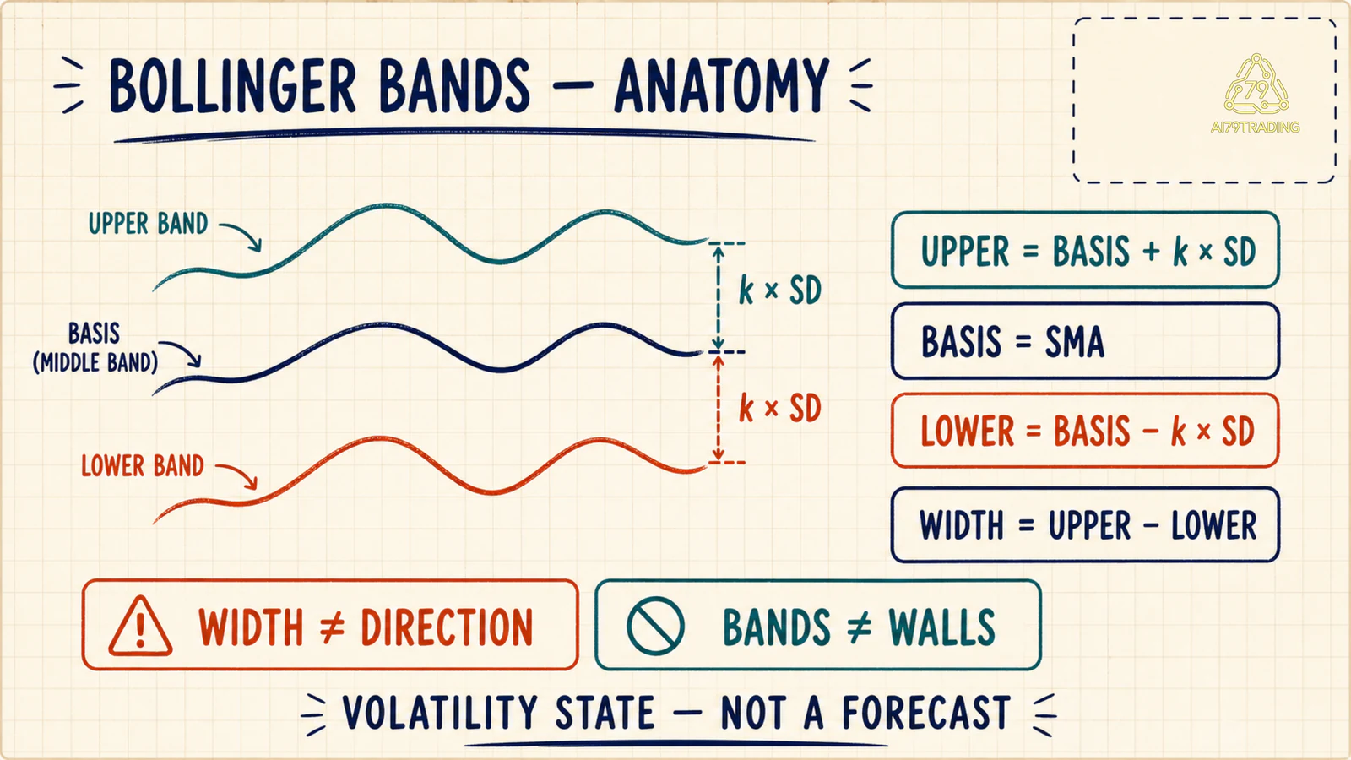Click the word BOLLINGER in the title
(233, 86)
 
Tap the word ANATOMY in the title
(721, 86)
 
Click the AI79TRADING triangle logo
(1256, 84)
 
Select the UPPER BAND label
(149, 224)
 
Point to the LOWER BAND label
(143, 466)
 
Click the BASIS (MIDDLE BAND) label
(95, 348)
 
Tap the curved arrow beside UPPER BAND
(241, 236)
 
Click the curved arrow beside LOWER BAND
(237, 476)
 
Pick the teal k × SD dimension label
(780, 290)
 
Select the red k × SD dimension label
(780, 409)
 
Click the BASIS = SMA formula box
(1085, 341)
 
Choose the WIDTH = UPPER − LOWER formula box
(1085, 524)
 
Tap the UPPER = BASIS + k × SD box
(1085, 250)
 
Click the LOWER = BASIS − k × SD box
(1085, 431)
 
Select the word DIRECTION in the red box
(447, 627)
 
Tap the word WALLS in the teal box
(942, 627)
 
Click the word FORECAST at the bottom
(926, 713)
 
